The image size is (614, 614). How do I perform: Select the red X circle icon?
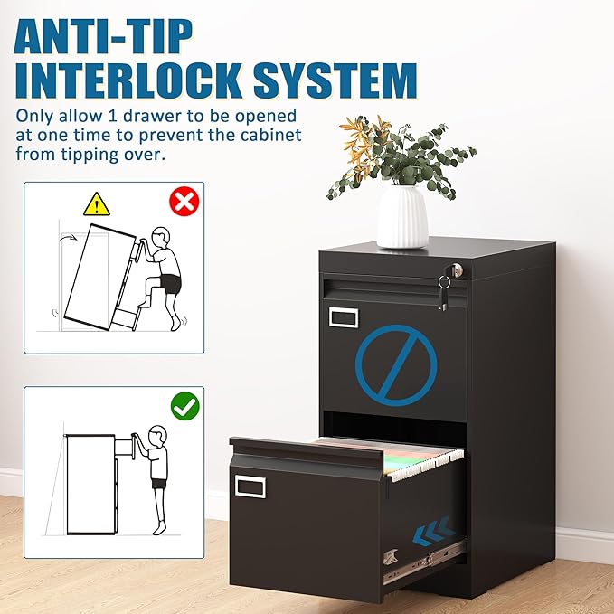[184, 201]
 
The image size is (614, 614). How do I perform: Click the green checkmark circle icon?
[184, 406]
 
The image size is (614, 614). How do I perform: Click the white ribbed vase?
[402, 216]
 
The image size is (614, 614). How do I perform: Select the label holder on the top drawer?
[344, 316]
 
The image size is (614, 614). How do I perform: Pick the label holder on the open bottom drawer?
[251, 486]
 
